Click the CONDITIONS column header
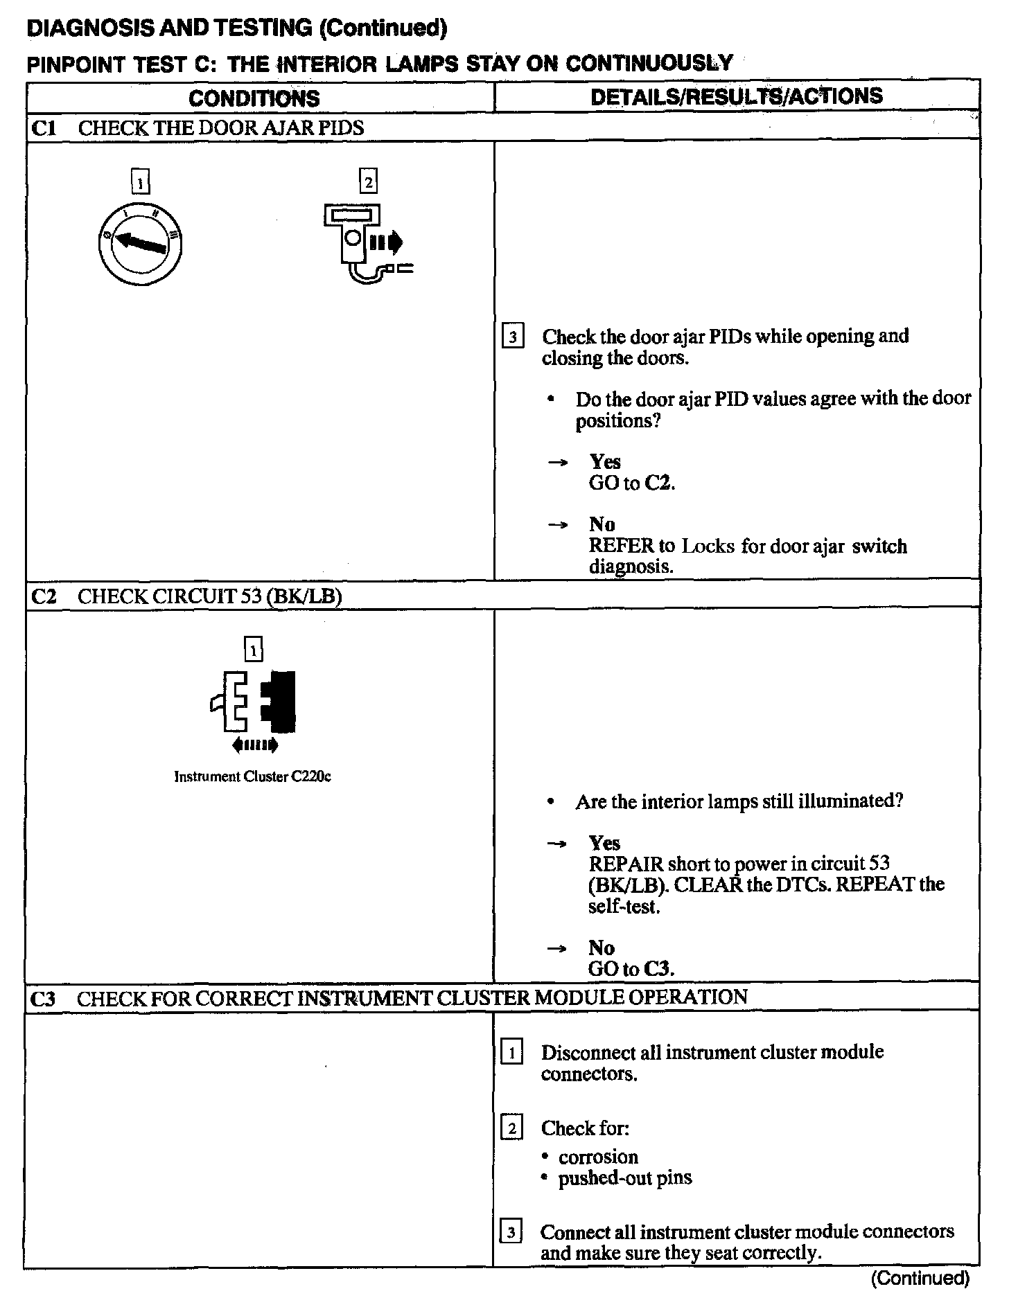point(254,98)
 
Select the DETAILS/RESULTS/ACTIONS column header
point(736,96)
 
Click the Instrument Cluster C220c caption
point(252,776)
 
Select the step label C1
point(44,128)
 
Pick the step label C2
point(44,596)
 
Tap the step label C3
point(44,998)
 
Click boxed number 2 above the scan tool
point(368,182)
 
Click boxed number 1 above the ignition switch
point(140,183)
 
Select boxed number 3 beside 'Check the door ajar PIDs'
point(512,337)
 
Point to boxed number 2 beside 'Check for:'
point(511,1128)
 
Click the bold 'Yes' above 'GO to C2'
point(604,462)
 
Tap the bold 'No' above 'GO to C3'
point(602,948)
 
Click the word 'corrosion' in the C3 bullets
point(598,1157)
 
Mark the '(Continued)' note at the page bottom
point(920,1278)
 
